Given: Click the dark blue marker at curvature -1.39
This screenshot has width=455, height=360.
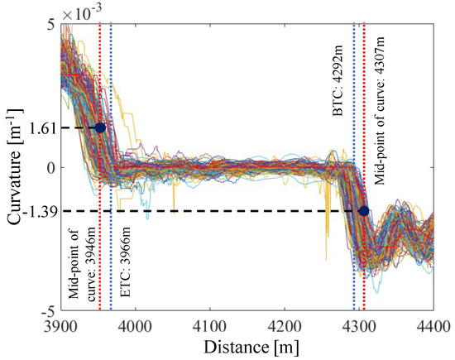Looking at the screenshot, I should (x=364, y=210).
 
